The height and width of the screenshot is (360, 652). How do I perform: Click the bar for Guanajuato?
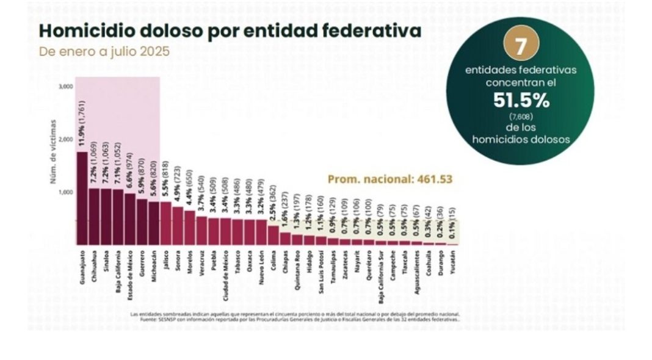(x=82, y=198)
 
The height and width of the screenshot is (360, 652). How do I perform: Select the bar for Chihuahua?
(x=94, y=217)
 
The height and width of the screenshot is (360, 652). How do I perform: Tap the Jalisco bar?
(x=165, y=223)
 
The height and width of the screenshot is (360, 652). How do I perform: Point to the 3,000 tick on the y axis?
(x=66, y=87)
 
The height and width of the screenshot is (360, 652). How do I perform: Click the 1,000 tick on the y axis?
(x=66, y=192)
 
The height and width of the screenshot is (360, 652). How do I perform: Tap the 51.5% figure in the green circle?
(x=521, y=100)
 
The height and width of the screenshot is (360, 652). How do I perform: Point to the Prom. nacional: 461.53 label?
(x=389, y=179)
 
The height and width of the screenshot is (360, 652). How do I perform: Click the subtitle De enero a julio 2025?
(x=104, y=51)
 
